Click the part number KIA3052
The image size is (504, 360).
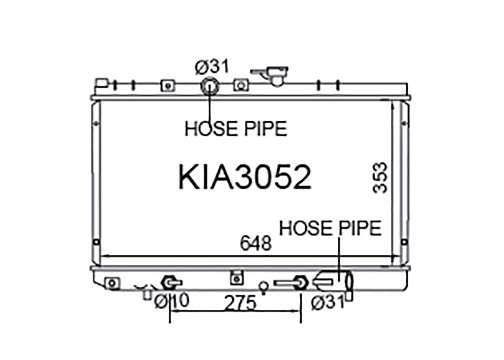tap(245, 177)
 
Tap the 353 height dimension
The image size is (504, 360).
tap(380, 178)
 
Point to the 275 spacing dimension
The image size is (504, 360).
tap(240, 303)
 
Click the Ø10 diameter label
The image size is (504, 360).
tap(172, 301)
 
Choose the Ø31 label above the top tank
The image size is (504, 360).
tap(212, 67)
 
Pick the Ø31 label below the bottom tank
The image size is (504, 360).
tap(328, 302)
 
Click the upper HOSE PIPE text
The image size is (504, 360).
tap(236, 128)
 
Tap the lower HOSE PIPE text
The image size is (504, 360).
tap(330, 228)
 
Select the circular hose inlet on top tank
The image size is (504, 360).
tap(210, 86)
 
